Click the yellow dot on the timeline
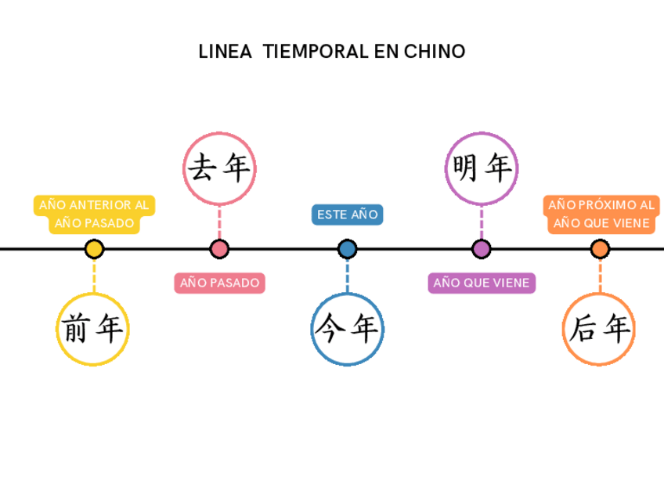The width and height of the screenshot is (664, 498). (94, 249)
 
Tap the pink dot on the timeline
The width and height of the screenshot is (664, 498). (219, 249)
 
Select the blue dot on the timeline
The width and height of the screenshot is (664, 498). (347, 249)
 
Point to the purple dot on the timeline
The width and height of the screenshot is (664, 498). (482, 249)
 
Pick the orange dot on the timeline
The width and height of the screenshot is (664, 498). (600, 249)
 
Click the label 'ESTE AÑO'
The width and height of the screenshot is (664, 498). (347, 215)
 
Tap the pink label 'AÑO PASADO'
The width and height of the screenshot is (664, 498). (219, 283)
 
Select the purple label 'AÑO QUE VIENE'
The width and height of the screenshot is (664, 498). (482, 283)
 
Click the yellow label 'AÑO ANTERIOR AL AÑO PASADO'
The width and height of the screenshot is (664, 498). (94, 214)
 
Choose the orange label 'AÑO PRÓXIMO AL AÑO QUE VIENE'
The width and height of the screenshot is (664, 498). (600, 214)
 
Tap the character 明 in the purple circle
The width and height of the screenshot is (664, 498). (465, 168)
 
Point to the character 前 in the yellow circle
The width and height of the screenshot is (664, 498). (76, 330)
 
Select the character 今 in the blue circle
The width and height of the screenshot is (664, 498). (330, 330)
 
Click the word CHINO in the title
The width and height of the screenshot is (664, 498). (435, 52)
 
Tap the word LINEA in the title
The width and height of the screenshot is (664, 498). (225, 52)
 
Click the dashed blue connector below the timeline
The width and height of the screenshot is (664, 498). (347, 275)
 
